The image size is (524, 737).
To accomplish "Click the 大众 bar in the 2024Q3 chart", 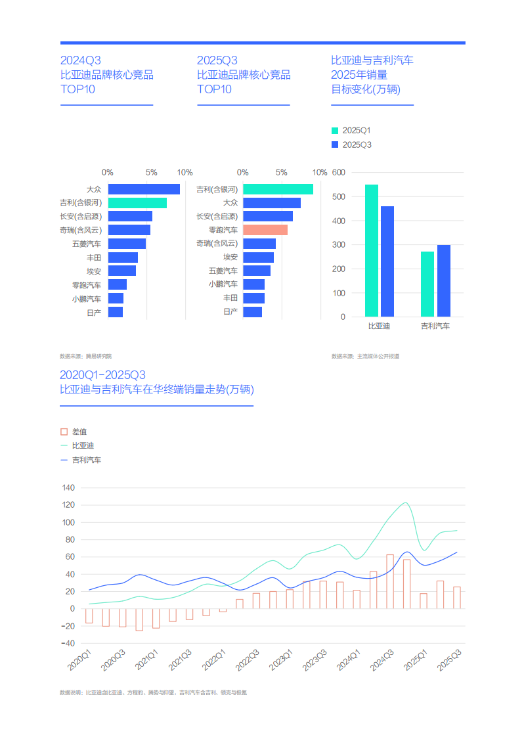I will click(x=144, y=189).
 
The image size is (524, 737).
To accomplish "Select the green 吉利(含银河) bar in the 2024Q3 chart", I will click(x=137, y=203).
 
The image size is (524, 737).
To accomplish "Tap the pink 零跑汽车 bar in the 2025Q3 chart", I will click(x=265, y=230).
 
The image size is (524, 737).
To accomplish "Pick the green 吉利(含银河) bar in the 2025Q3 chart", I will click(x=278, y=189).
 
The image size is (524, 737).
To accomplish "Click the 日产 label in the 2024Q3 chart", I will click(x=94, y=313).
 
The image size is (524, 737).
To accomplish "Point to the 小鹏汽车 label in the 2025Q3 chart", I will click(x=223, y=284).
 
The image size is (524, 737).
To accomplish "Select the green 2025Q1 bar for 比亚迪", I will click(x=372, y=250).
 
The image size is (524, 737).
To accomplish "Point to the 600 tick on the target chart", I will click(x=339, y=173).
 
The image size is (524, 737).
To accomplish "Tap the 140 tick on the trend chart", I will click(x=69, y=488).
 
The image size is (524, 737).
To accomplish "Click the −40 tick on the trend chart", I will click(x=68, y=643).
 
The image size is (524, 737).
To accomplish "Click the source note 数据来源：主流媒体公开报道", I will click(x=366, y=356).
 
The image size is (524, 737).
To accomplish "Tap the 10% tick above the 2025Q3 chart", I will click(x=319, y=173).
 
